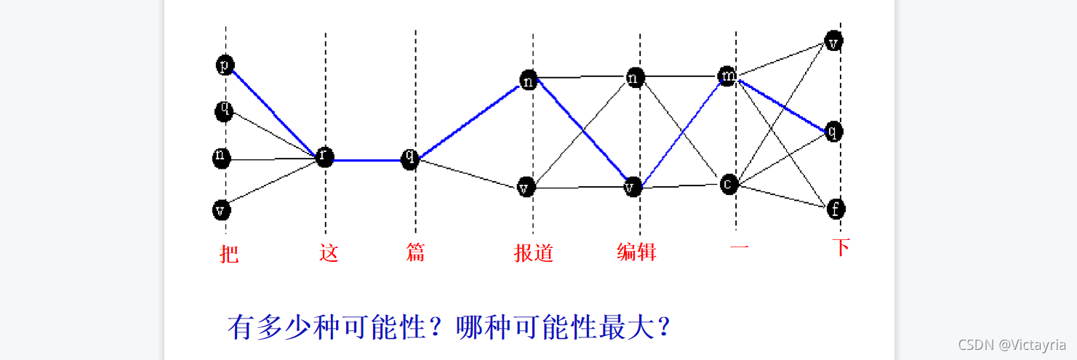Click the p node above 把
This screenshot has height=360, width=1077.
tap(225, 65)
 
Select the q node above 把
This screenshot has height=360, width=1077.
tap(225, 111)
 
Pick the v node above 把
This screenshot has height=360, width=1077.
tap(222, 210)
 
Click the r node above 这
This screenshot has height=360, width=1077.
tap(324, 157)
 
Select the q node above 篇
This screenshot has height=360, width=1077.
tap(410, 159)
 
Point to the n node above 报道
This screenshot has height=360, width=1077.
tap(529, 80)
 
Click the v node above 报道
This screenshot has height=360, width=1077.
tap(526, 188)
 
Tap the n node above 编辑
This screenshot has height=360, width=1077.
tap(635, 77)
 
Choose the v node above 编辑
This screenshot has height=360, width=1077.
tap(632, 188)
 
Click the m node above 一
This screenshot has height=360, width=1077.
tap(727, 76)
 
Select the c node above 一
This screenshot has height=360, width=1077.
tap(728, 184)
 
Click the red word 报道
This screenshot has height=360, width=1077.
tap(534, 253)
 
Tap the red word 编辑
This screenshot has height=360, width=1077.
tap(636, 252)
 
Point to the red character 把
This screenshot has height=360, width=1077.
tap(229, 254)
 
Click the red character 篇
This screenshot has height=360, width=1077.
tap(415, 252)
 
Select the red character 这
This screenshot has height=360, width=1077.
tap(329, 253)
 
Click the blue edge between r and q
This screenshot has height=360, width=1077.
tap(367, 159)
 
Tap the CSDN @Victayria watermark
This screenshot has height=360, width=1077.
tap(1012, 345)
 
